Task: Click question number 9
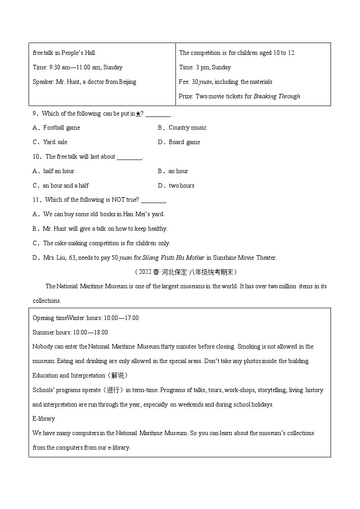(x=35, y=114)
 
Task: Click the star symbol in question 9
(x=138, y=114)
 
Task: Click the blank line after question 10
(x=129, y=157)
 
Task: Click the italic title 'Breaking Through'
(x=277, y=96)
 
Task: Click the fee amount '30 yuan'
(x=202, y=82)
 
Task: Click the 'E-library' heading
(x=44, y=419)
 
